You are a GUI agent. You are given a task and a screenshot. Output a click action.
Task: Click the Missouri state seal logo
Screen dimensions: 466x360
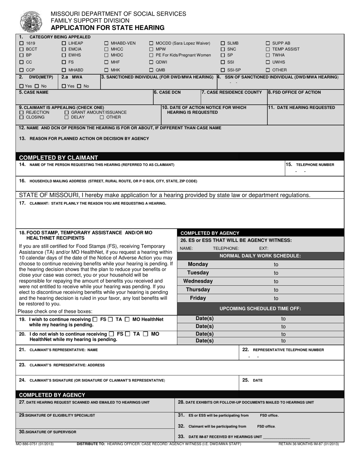coord(31,21)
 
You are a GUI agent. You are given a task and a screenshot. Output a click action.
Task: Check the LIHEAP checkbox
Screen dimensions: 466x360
coord(64,43)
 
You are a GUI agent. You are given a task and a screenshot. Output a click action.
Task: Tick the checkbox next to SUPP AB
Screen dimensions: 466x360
coord(268,43)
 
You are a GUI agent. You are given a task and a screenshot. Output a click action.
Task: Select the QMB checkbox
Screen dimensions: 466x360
coord(151,70)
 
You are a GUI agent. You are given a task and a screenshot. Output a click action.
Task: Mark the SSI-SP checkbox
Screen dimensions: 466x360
coord(223,70)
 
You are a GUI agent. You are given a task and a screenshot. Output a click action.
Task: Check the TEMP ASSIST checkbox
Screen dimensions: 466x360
coord(268,49)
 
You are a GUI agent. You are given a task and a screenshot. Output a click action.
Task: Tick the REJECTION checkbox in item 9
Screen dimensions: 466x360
coord(22,113)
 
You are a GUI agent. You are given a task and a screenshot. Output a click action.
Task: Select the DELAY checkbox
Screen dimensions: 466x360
coord(67,117)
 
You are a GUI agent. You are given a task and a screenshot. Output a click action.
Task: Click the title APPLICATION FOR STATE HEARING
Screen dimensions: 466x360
coord(108,28)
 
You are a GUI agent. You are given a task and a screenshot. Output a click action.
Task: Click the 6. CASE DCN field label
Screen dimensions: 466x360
coord(167,92)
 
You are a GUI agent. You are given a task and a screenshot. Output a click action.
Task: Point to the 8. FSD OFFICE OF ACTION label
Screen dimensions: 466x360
coord(294,92)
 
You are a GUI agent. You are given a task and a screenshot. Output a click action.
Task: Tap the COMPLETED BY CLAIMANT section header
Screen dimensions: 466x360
coord(58,158)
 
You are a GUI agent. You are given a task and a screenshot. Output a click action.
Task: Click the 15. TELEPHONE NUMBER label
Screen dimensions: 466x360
coord(310,165)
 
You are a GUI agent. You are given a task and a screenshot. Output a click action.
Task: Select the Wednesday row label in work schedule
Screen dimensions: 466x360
coord(198,281)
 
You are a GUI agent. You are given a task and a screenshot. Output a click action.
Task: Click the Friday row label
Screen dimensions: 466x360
coord(198,298)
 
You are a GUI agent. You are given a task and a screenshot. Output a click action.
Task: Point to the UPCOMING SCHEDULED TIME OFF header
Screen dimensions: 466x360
coord(260,308)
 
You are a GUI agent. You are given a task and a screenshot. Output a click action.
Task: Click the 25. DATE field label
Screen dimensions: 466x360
coord(252,380)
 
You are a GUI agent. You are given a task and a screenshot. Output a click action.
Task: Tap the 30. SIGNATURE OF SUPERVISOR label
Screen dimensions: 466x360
coord(47,432)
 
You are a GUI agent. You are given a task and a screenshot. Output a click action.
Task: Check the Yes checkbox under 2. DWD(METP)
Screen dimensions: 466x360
coord(21,86)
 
